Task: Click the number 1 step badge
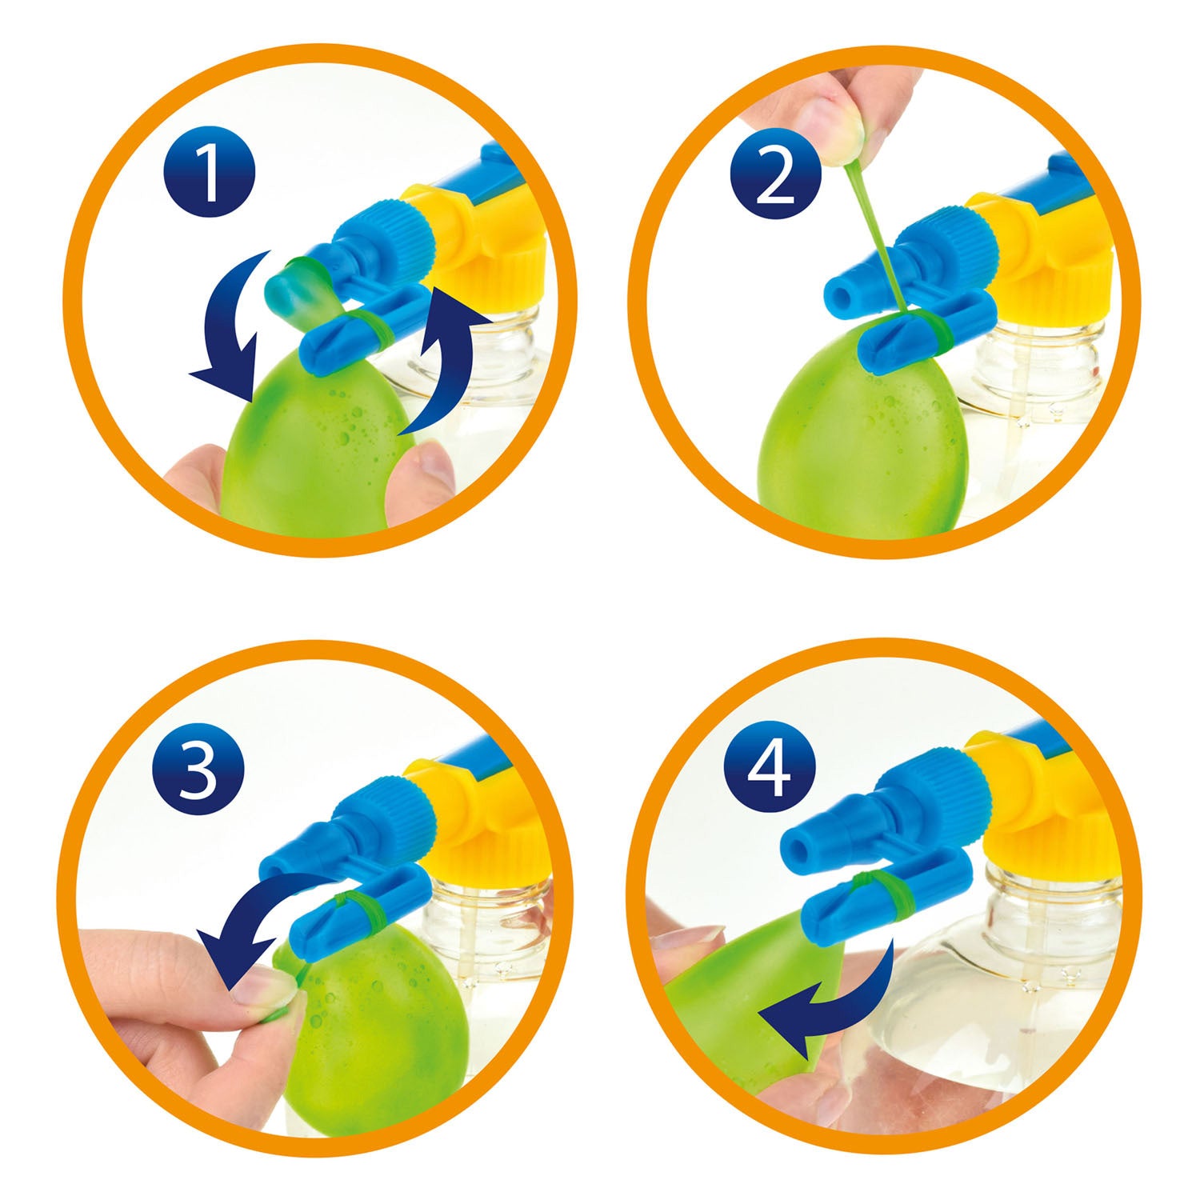(210, 174)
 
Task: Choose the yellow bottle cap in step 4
(1040, 808)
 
